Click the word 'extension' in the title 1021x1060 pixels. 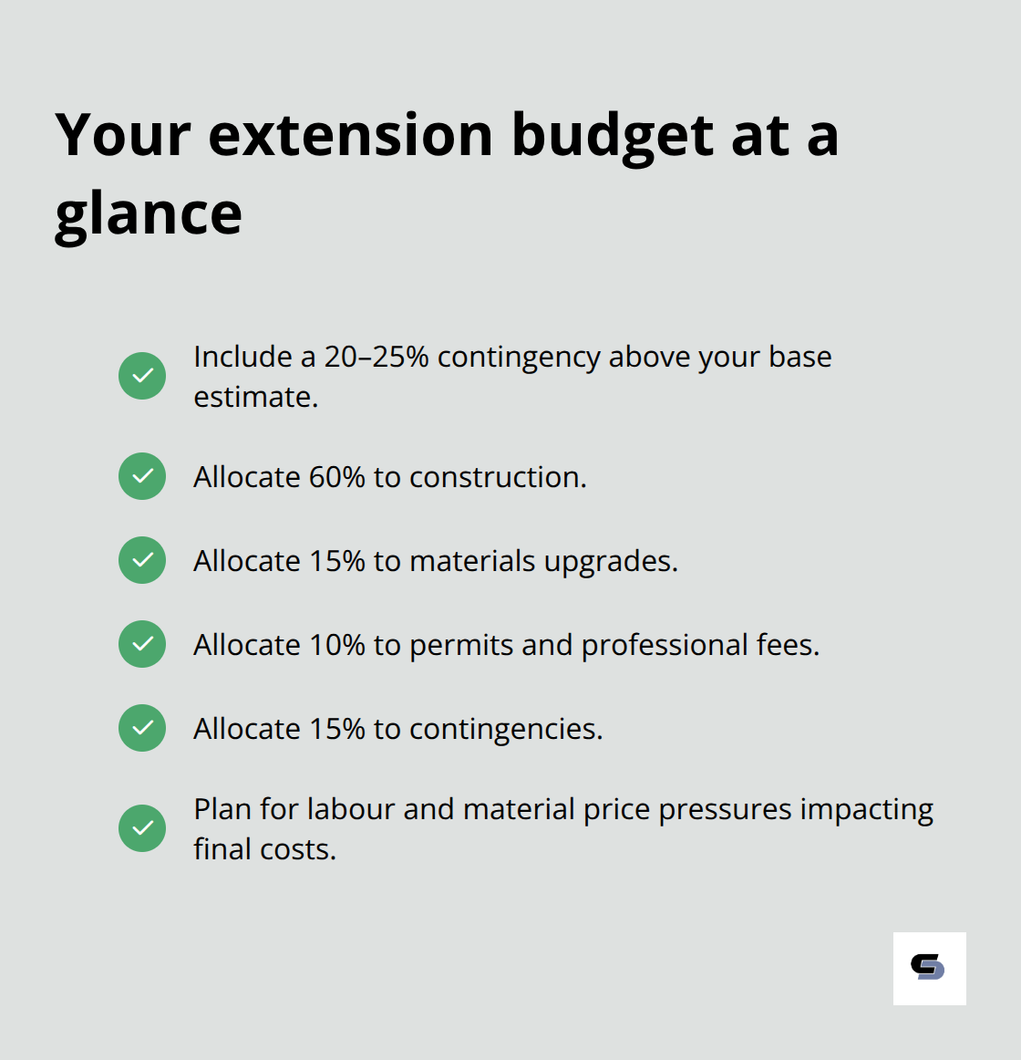[351, 135]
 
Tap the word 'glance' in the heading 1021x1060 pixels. [149, 214]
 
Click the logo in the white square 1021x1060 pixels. [929, 968]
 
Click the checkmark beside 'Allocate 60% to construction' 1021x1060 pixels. [142, 476]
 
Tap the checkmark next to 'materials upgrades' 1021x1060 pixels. [142, 560]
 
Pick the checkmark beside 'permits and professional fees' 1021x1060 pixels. [142, 644]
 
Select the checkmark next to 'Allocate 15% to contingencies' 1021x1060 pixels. [142, 728]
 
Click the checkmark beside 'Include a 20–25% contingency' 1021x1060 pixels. [142, 376]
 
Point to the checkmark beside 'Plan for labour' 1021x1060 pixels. [142, 828]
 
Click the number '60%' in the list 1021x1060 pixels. [336, 477]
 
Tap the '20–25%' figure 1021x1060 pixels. [376, 357]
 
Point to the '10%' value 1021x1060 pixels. [336, 645]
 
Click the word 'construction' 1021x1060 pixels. [498, 477]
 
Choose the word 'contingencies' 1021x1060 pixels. [505, 730]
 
